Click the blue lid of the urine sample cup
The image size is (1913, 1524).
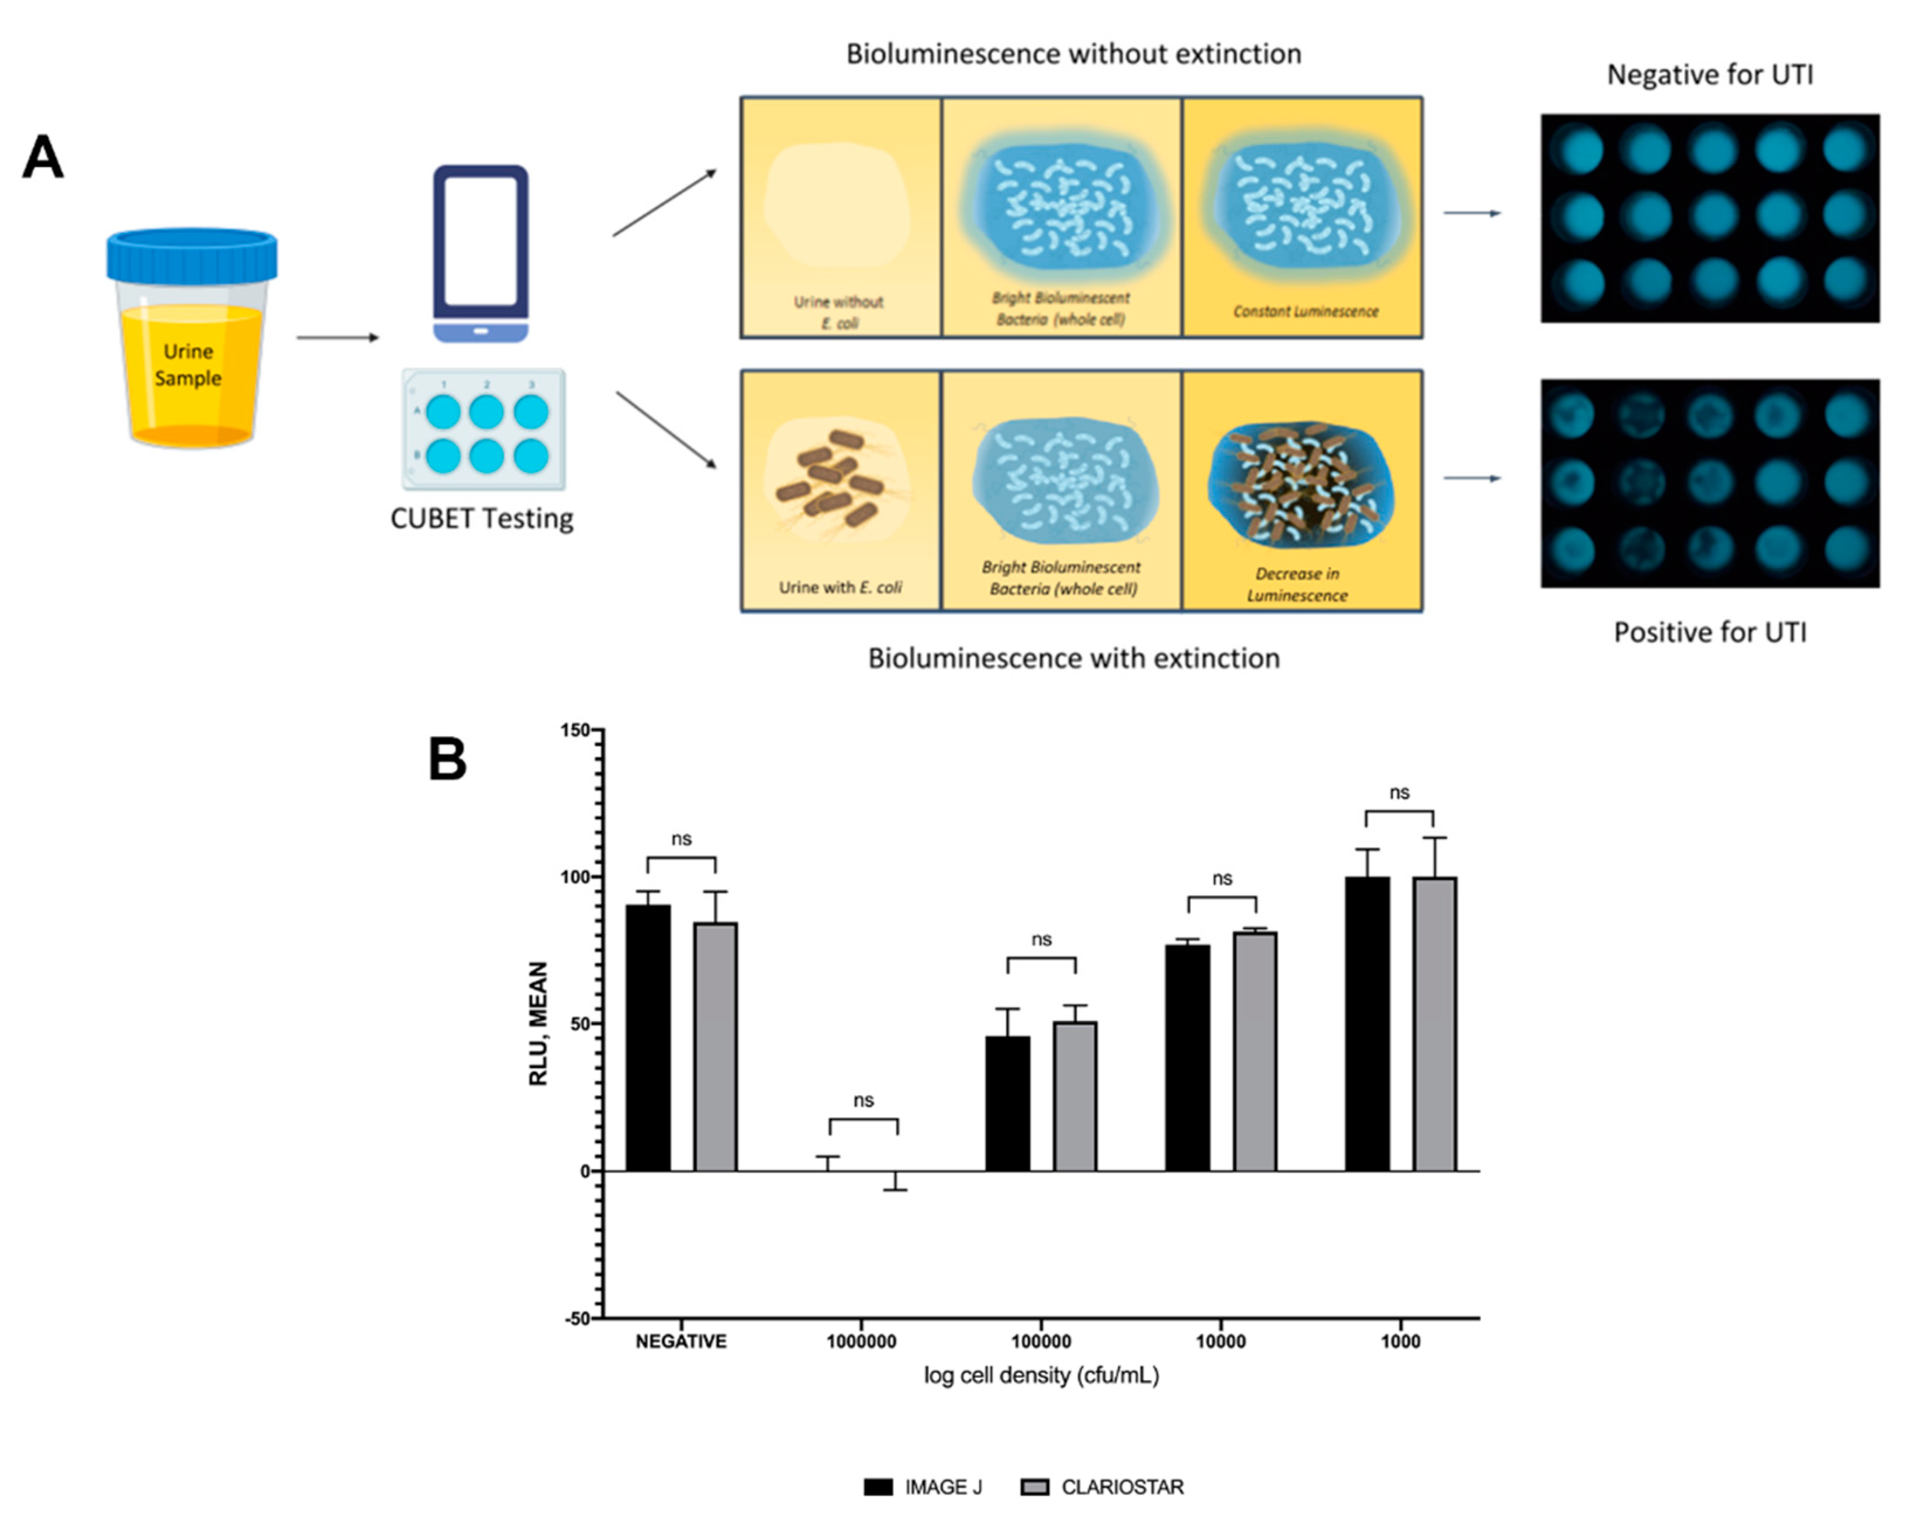tap(192, 256)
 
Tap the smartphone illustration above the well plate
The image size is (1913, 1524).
tap(481, 253)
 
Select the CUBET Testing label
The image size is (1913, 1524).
tap(482, 518)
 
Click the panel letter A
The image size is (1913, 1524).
tap(43, 158)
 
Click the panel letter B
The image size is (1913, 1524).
tap(447, 760)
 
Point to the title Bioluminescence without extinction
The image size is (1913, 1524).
tap(1073, 54)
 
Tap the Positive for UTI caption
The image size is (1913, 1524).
tap(1710, 633)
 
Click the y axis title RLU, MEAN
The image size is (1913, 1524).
tap(538, 1023)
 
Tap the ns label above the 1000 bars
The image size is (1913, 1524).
tap(1399, 792)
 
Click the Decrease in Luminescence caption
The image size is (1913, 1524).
tap(1297, 585)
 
